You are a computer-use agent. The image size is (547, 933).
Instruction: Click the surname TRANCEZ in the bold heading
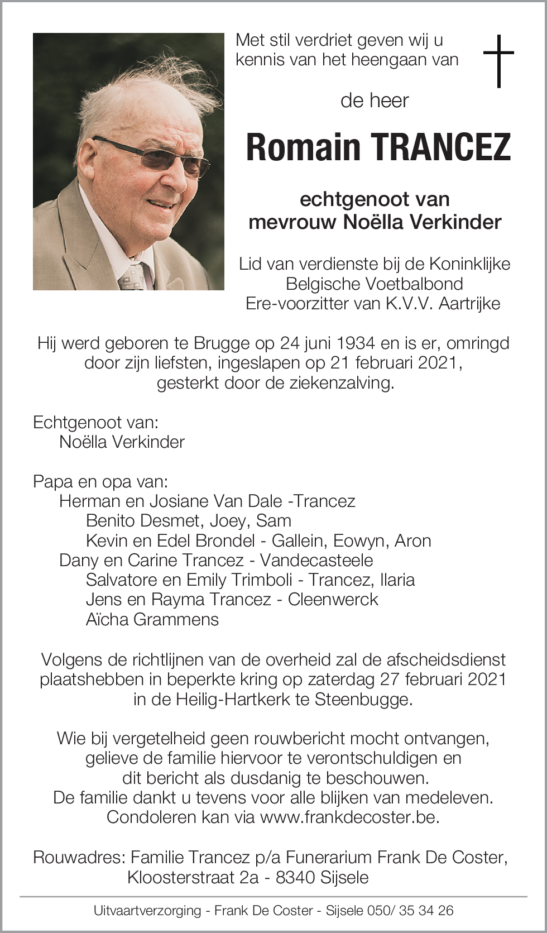click(x=440, y=147)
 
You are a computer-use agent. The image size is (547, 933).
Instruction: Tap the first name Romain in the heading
click(x=303, y=147)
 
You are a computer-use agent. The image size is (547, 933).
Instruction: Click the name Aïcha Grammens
click(x=152, y=619)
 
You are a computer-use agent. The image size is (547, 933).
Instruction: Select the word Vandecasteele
click(x=316, y=560)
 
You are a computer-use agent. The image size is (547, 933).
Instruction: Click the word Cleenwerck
click(x=333, y=600)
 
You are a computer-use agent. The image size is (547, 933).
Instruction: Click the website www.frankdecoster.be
click(x=349, y=817)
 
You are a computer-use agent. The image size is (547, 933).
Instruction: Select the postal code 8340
click(x=296, y=877)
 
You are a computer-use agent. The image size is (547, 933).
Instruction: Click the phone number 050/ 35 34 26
click(x=410, y=911)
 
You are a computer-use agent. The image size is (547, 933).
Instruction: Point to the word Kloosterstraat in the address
click(x=181, y=877)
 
